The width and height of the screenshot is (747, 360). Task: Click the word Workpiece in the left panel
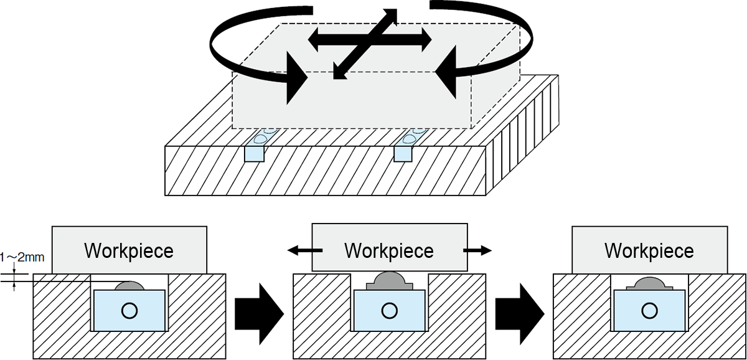(x=129, y=251)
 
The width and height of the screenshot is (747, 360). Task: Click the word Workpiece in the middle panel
(x=389, y=251)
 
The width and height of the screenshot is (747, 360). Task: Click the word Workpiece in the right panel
(x=649, y=251)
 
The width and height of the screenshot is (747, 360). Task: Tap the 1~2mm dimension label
(x=22, y=258)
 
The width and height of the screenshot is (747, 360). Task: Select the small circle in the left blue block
(x=129, y=311)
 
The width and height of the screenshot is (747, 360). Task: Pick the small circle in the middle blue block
(x=389, y=311)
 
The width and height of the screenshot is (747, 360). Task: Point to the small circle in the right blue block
(x=649, y=311)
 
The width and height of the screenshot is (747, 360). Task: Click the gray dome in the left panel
(x=129, y=286)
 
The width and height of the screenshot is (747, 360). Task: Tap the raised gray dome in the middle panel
(x=390, y=281)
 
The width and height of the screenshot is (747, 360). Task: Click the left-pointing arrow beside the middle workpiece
(x=305, y=250)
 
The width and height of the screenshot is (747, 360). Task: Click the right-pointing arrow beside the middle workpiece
(x=477, y=250)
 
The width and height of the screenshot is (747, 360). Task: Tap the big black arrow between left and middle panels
(x=259, y=314)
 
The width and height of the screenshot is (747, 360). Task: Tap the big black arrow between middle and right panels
(x=520, y=314)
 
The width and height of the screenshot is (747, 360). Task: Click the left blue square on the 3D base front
(x=255, y=154)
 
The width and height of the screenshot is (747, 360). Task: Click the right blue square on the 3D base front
(x=403, y=154)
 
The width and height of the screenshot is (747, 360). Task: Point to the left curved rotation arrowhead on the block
(x=295, y=78)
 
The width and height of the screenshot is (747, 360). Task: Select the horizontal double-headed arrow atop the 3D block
(x=370, y=40)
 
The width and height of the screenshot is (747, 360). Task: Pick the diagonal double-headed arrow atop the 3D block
(x=365, y=44)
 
